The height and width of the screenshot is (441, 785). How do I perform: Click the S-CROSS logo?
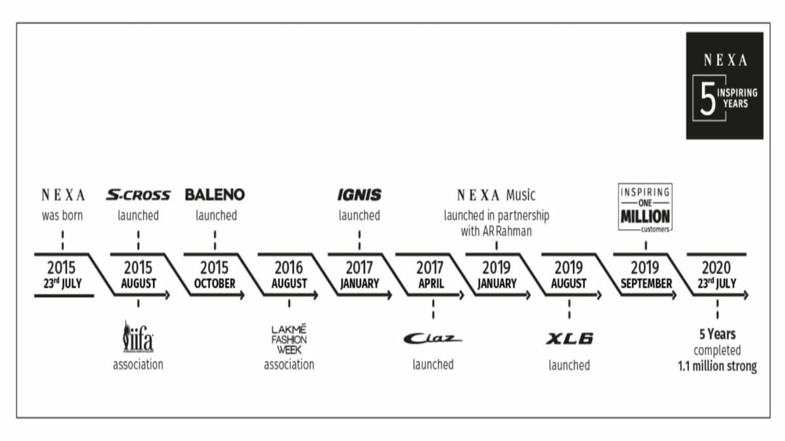pyautogui.click(x=138, y=195)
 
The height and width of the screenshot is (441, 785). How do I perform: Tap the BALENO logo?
pyautogui.click(x=215, y=195)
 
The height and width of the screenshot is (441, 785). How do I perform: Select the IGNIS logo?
pyautogui.click(x=359, y=195)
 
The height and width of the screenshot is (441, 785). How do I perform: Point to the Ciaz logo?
pyautogui.click(x=432, y=338)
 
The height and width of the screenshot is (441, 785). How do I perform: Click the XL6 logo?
pyautogui.click(x=569, y=338)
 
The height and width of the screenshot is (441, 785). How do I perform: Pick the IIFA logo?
pyautogui.click(x=138, y=336)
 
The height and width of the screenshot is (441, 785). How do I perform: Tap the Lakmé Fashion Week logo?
pyautogui.click(x=289, y=338)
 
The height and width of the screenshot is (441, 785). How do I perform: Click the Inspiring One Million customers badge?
pyautogui.click(x=645, y=207)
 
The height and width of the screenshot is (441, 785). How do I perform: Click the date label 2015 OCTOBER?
pyautogui.click(x=215, y=275)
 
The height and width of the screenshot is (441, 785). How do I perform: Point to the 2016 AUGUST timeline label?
pyautogui.click(x=289, y=275)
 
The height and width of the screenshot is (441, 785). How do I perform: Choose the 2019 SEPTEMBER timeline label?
pyautogui.click(x=645, y=275)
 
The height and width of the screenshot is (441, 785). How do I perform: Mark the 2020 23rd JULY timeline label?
pyautogui.click(x=717, y=275)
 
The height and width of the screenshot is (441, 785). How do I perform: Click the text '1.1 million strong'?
pyautogui.click(x=717, y=367)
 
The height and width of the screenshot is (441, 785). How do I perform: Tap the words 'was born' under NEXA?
pyautogui.click(x=62, y=216)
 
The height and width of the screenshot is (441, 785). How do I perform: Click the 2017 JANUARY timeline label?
pyautogui.click(x=359, y=275)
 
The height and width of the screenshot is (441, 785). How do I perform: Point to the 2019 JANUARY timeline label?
pyautogui.click(x=497, y=275)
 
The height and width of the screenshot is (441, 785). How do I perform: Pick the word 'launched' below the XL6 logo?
pyautogui.click(x=569, y=365)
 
